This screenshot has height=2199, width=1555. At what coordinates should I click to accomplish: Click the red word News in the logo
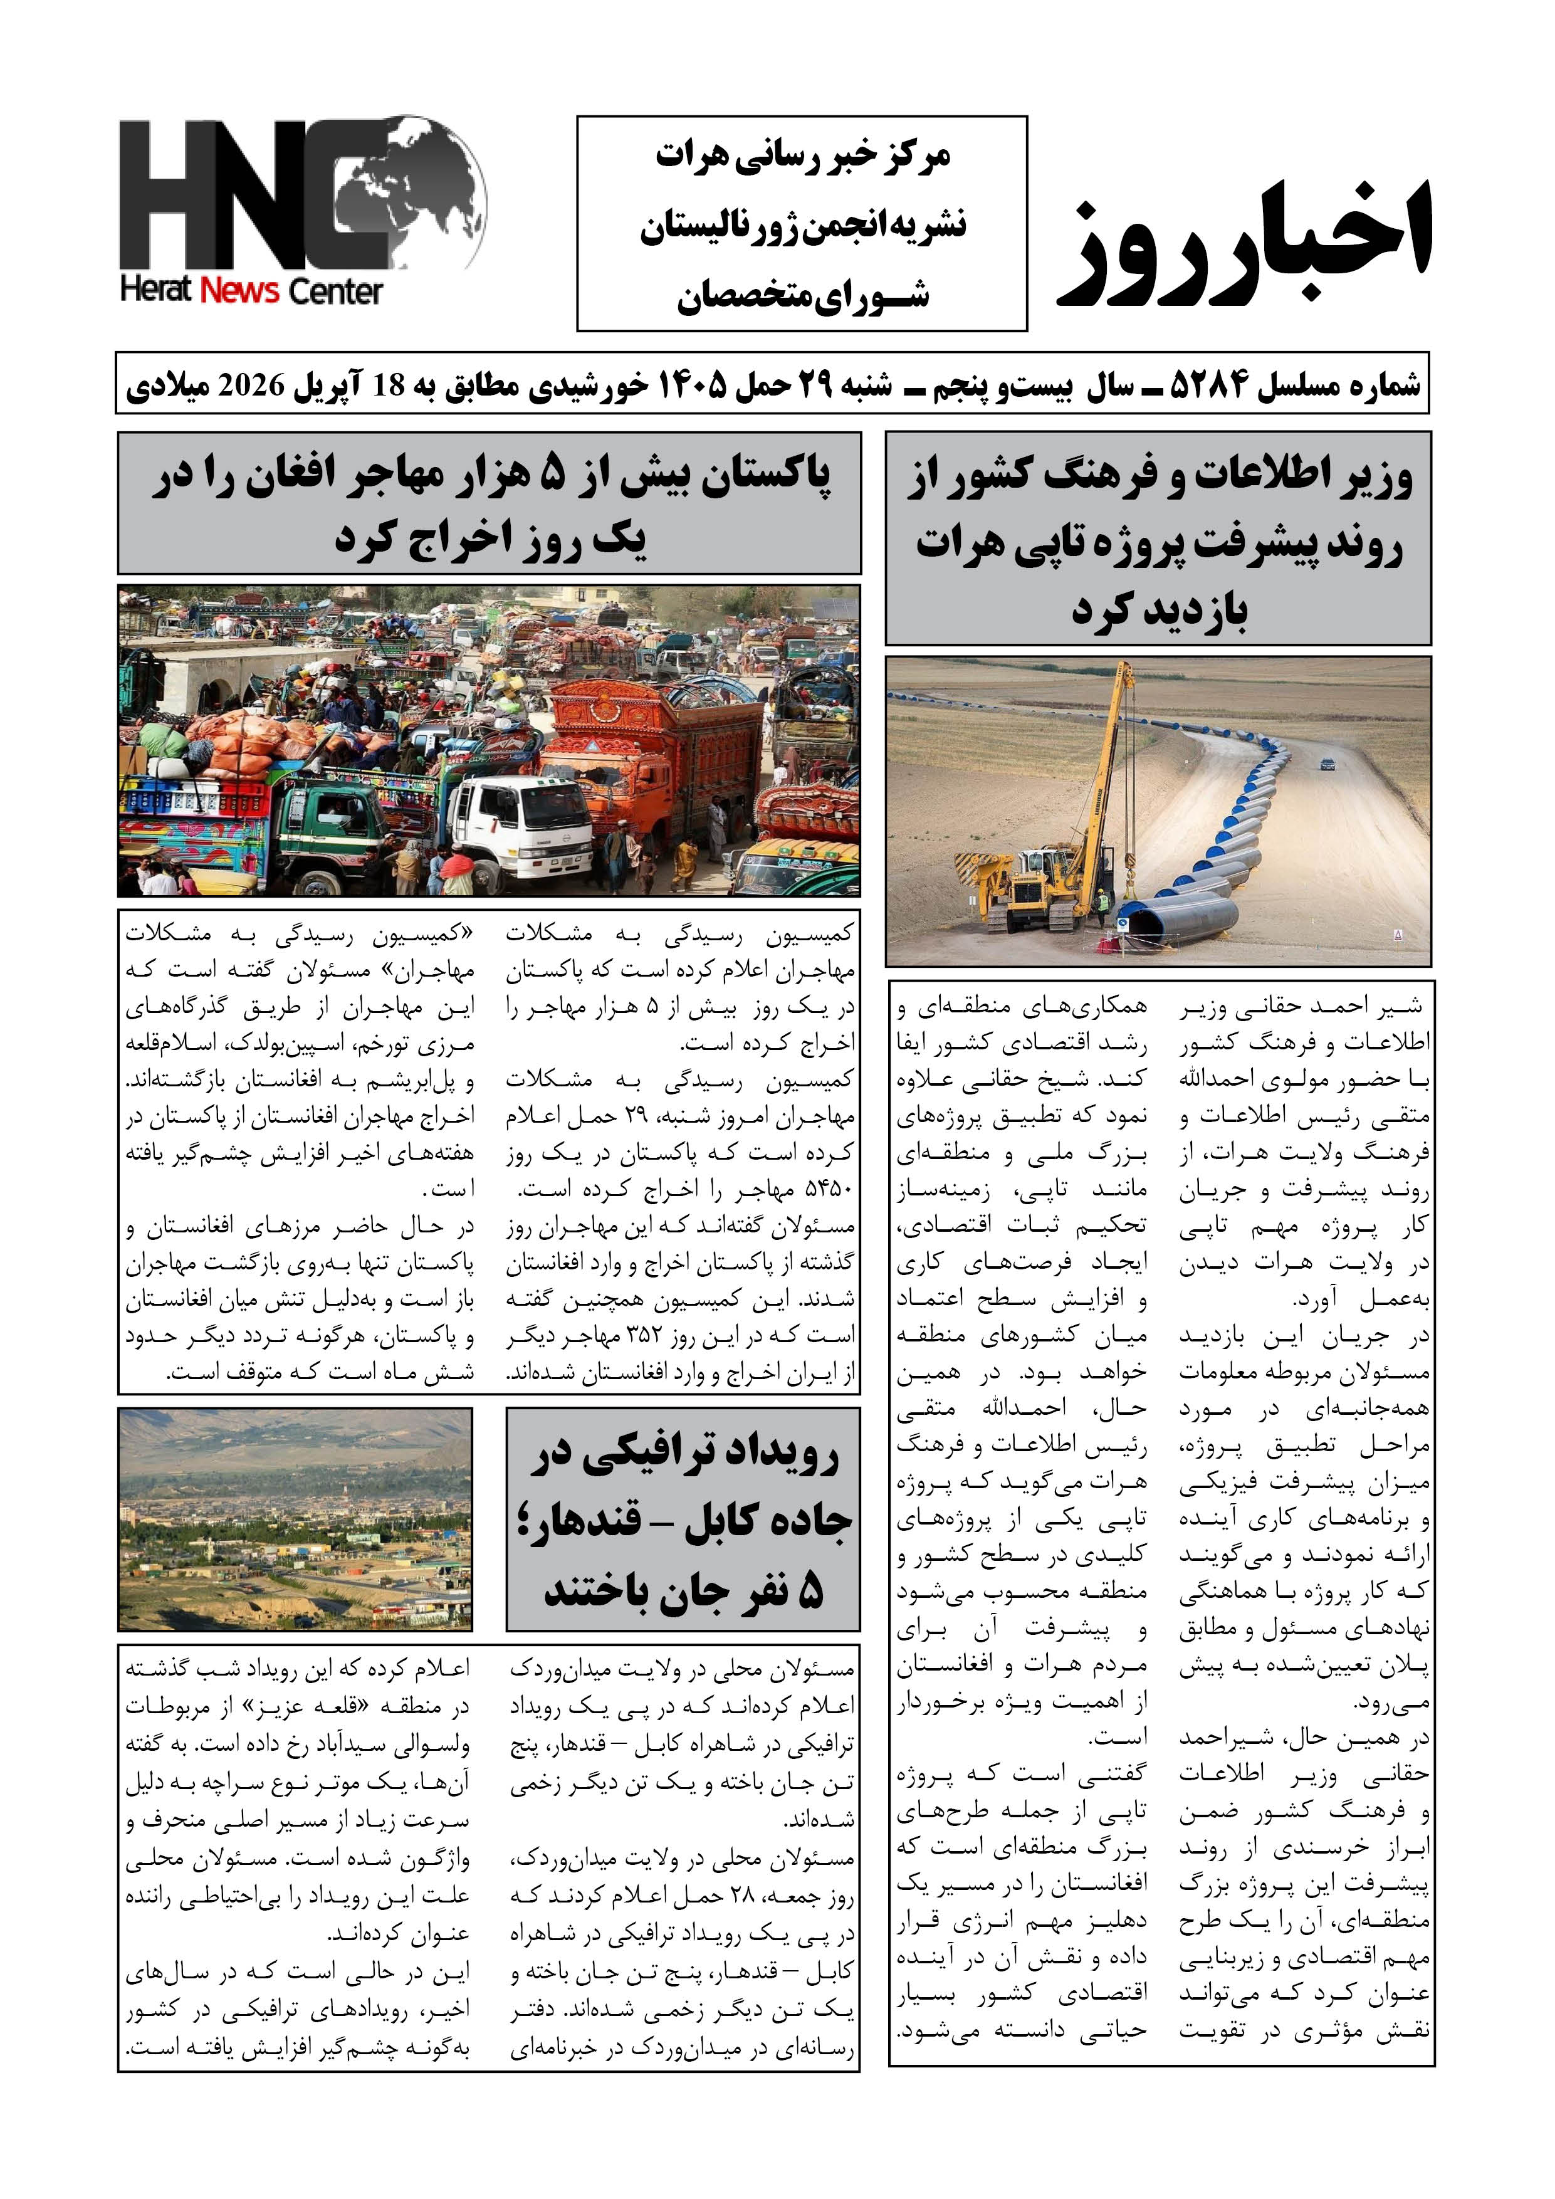(x=240, y=290)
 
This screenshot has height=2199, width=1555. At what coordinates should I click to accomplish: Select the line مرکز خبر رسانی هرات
(x=802, y=156)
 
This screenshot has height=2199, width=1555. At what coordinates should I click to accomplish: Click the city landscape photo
(x=295, y=1519)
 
